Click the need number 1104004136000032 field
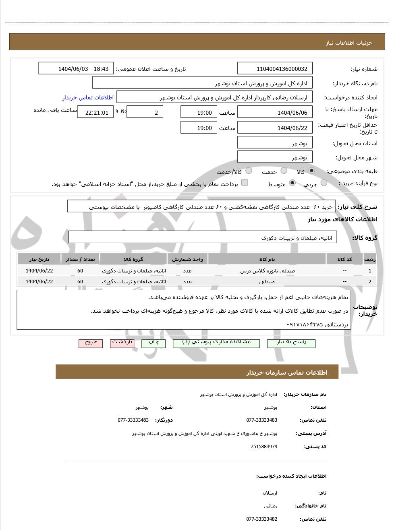(x=275, y=69)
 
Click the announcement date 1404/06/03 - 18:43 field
(x=76, y=69)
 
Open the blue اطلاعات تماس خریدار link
(x=88, y=97)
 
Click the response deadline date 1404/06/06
(x=275, y=113)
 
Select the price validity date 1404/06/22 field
(x=275, y=128)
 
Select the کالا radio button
(x=311, y=171)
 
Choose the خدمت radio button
(x=284, y=171)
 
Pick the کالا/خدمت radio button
(x=249, y=171)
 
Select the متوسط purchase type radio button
(x=292, y=183)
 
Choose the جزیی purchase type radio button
(x=324, y=183)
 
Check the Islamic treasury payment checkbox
(x=245, y=183)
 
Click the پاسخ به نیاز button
(x=291, y=343)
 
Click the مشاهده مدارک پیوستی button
(x=216, y=343)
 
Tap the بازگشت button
(x=122, y=343)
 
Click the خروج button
(x=91, y=343)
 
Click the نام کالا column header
(x=267, y=260)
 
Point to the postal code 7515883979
(x=263, y=447)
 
